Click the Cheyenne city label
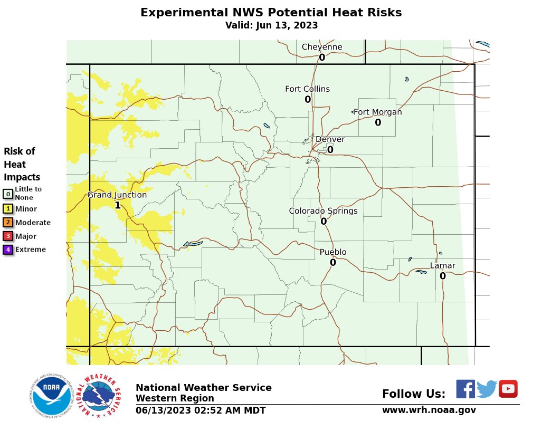point(322,47)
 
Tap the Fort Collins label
point(307,89)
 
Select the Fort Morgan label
point(377,112)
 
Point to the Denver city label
point(330,139)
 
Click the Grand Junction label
point(117,195)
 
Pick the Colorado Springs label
point(323,211)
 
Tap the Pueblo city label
point(333,252)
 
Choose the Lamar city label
point(442,265)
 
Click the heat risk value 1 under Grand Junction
point(118,205)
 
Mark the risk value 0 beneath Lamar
point(443,276)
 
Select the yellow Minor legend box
point(8,209)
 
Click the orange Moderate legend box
point(8,223)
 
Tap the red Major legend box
point(8,236)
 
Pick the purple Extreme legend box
point(8,250)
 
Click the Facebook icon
point(465,389)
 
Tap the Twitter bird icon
point(487,389)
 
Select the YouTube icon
point(508,389)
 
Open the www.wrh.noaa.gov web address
point(429,410)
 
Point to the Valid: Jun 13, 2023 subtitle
point(271,25)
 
